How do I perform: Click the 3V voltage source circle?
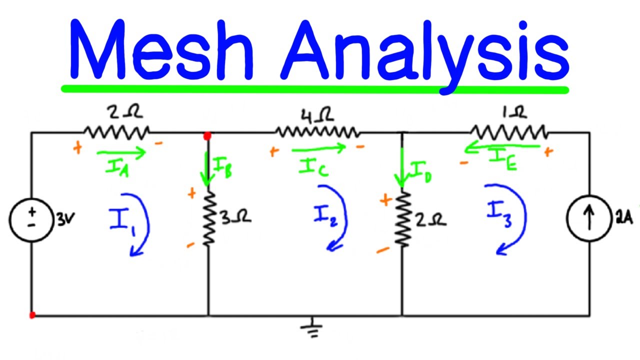click(31, 218)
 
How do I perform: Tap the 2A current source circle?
click(589, 219)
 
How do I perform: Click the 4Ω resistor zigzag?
click(316, 132)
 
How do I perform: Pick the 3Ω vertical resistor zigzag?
click(209, 218)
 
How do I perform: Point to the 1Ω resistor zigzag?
click(509, 132)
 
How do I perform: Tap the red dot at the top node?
click(207, 135)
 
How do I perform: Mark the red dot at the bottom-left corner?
click(32, 315)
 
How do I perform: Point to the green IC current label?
click(314, 167)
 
